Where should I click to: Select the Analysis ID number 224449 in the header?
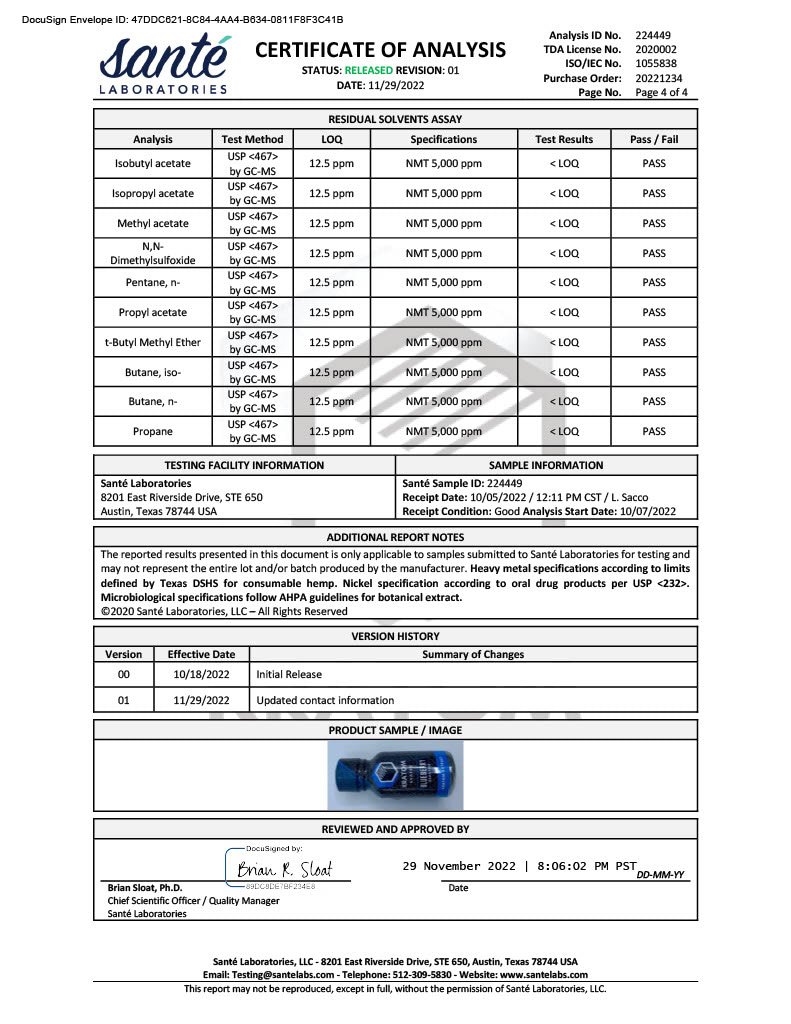653,35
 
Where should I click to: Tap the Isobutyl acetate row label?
152,164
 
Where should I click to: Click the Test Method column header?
252,140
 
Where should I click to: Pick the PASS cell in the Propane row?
654,432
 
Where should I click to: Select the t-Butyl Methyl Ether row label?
152,343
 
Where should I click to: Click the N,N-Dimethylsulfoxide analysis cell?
152,253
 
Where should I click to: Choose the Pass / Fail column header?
654,140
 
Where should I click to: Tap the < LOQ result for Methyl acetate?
564,223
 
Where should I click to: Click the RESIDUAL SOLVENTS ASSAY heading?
395,119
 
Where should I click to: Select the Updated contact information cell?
325,700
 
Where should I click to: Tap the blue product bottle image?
395,775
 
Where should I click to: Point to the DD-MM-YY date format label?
660,874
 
